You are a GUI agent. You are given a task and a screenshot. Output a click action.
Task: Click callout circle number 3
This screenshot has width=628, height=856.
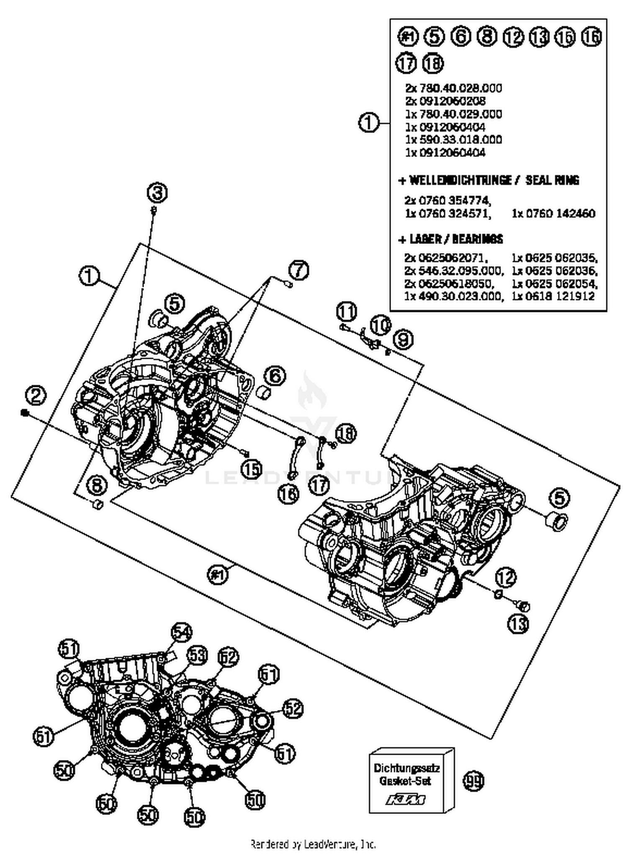[x=157, y=193]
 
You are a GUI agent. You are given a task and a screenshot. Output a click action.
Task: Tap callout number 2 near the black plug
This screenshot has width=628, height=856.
[x=36, y=395]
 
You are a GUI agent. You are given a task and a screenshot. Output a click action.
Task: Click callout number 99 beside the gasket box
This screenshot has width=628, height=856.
[x=473, y=781]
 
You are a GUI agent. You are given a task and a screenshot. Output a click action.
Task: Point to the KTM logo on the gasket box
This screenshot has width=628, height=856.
[x=405, y=800]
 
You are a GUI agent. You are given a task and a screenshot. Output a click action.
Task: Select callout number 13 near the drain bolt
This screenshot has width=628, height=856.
[x=518, y=624]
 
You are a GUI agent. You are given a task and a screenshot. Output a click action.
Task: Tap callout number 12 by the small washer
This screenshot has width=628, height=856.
[x=506, y=578]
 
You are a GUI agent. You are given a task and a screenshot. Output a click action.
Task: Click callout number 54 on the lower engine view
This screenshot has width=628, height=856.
[x=181, y=633]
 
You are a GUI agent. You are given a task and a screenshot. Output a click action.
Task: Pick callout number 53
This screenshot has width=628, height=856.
[x=197, y=656]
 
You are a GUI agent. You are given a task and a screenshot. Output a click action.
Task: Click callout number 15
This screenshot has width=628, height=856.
[x=251, y=469]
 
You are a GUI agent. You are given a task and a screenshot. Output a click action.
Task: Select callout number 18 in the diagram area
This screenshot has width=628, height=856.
[x=345, y=433]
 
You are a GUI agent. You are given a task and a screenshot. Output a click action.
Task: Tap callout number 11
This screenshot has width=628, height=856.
[x=347, y=312]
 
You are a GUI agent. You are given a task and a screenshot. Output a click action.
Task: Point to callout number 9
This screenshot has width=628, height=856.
[x=403, y=340]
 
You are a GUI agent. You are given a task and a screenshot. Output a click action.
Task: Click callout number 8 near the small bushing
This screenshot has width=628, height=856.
[x=97, y=486]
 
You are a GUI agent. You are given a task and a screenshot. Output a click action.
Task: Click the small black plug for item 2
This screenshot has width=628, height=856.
[x=24, y=413]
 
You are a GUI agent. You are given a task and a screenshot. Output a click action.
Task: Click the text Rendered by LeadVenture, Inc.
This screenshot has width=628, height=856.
[x=313, y=844]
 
